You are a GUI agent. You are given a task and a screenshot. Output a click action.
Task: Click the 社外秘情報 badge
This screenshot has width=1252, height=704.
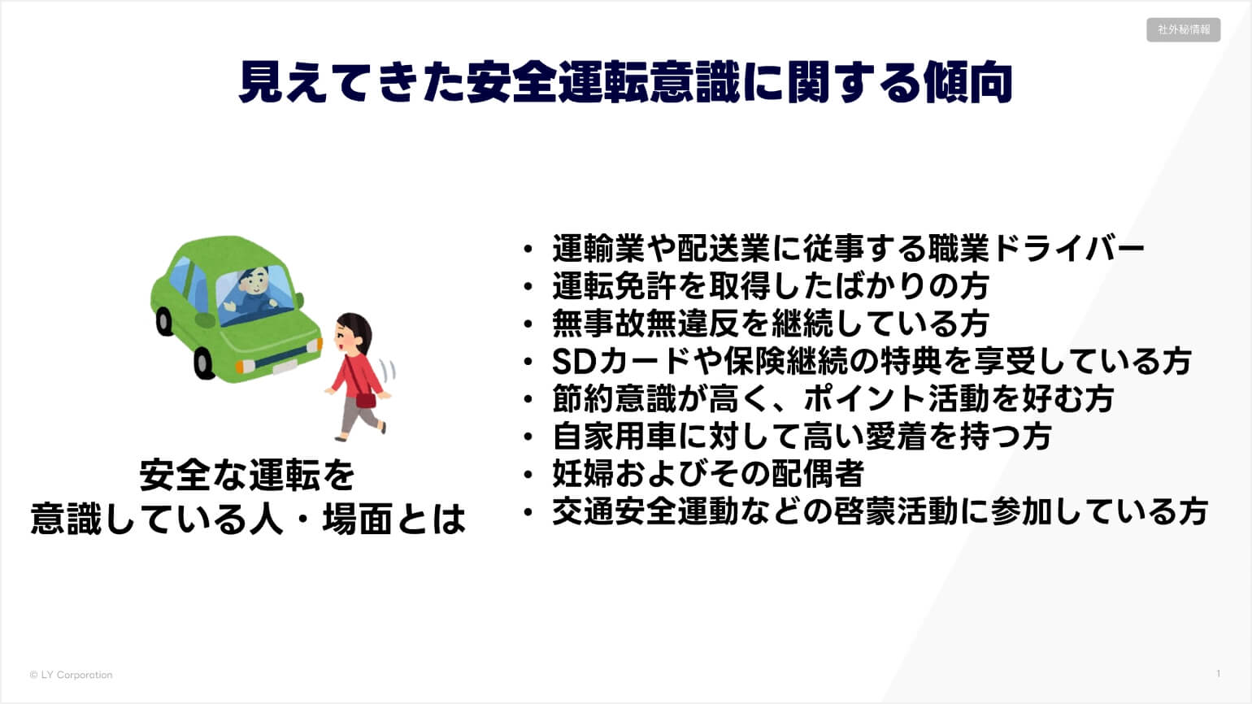click(1183, 29)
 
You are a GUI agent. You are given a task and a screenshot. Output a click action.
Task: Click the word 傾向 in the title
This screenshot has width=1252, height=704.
click(968, 83)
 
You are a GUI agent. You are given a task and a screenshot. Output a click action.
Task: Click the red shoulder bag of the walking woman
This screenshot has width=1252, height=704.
click(366, 399)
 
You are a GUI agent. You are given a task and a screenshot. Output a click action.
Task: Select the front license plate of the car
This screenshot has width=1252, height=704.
click(285, 367)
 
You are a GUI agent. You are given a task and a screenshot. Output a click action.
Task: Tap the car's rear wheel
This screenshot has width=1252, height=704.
click(164, 322)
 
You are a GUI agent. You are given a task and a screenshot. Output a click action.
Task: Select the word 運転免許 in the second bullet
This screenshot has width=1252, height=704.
click(614, 286)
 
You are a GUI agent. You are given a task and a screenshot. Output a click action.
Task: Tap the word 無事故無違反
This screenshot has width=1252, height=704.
click(645, 324)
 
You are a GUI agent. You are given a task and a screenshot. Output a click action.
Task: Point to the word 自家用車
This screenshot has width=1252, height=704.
click(614, 437)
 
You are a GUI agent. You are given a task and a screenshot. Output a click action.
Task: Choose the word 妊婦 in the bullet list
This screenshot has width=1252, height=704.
click(583, 474)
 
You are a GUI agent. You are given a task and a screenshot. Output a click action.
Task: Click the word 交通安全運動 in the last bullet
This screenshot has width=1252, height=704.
click(645, 511)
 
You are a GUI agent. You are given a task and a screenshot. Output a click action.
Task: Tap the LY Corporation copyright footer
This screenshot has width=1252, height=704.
click(71, 675)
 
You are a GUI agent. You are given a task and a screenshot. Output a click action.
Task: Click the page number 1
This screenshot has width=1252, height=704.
click(1219, 674)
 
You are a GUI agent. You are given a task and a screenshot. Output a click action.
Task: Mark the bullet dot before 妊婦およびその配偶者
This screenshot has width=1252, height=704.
click(528, 475)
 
